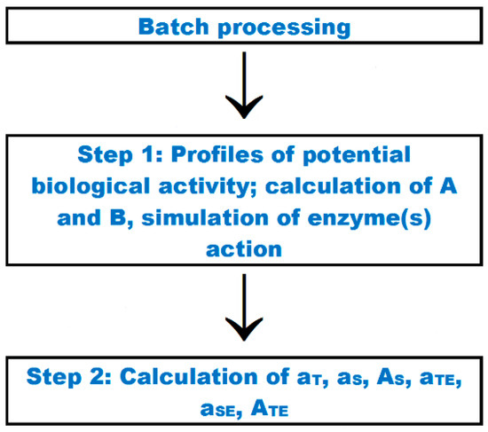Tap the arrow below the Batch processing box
[x=243, y=89]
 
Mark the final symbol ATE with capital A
[x=272, y=410]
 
